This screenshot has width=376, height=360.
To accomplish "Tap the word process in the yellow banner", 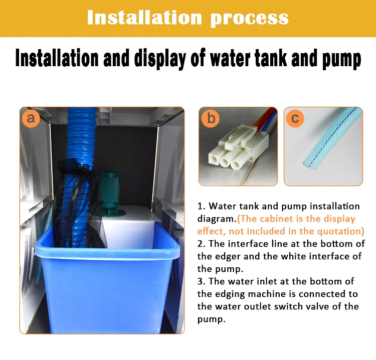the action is (x=250, y=19).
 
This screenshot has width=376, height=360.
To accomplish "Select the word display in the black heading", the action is (x=160, y=59).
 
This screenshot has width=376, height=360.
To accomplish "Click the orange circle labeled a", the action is (x=31, y=118).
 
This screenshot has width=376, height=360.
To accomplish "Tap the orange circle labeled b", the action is (x=210, y=118).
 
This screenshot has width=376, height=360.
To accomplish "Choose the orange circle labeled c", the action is (x=295, y=118).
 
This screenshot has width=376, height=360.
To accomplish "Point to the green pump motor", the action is (x=111, y=193).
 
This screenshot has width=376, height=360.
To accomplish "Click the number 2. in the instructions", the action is (x=202, y=244).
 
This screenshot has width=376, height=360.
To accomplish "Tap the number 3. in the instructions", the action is (x=202, y=281).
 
